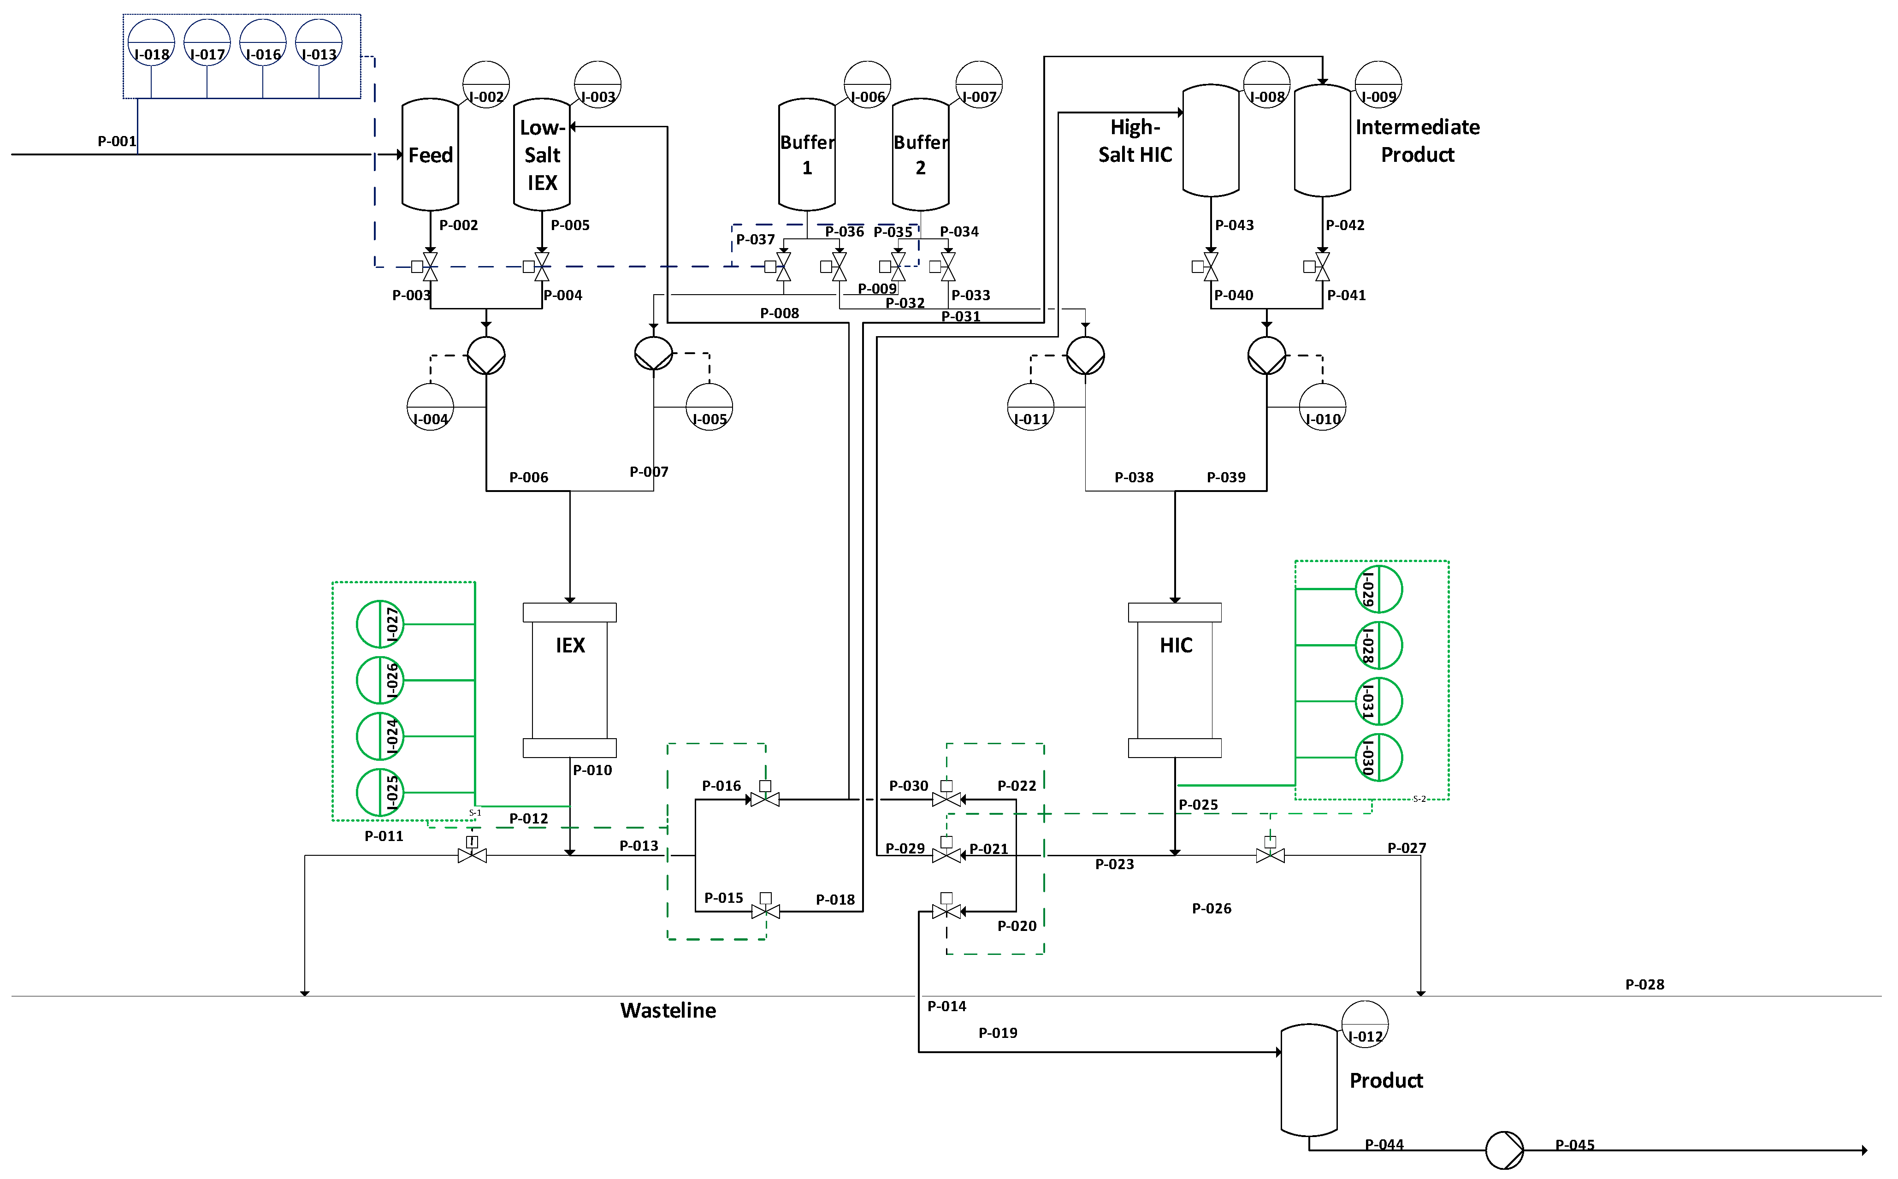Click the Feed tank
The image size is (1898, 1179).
coord(430,154)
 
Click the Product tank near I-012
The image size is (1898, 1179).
coord(1309,1080)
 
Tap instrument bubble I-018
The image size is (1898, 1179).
coord(151,43)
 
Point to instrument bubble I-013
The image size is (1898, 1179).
coord(319,43)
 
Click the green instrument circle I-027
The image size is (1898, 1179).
coord(379,624)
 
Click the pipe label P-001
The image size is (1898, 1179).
coord(117,141)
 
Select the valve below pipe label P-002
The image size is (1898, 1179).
coord(430,267)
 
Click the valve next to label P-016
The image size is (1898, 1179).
coord(765,799)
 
